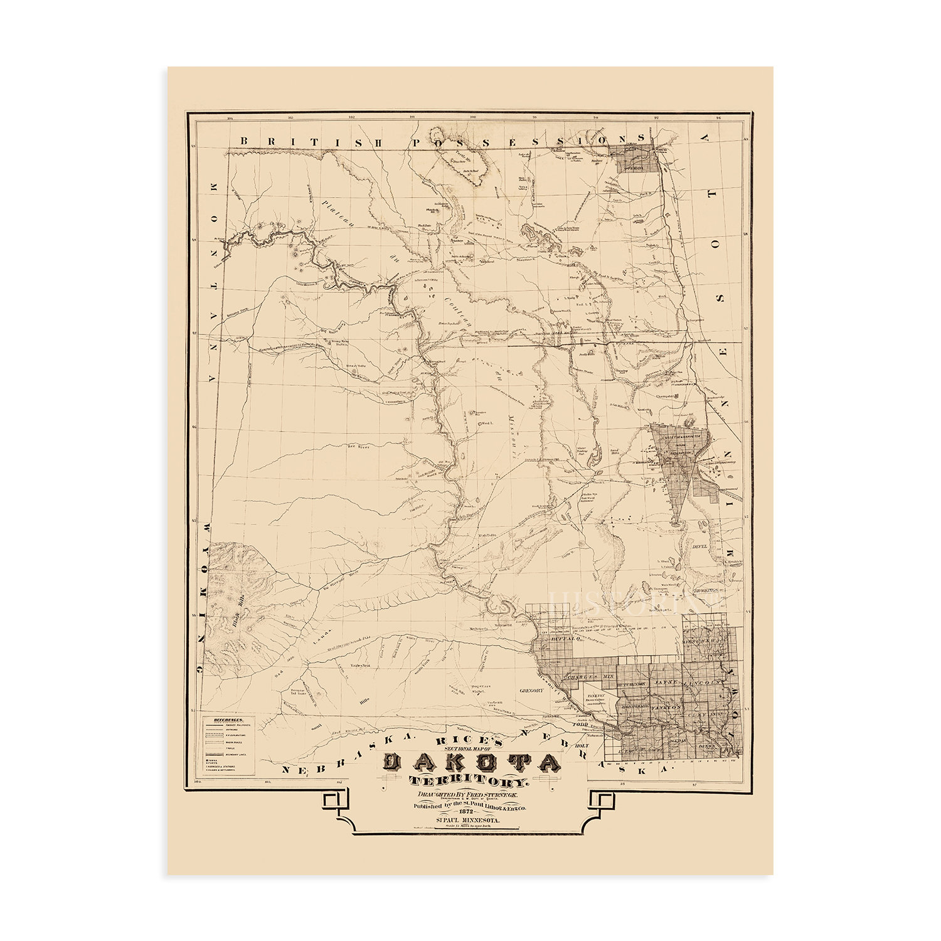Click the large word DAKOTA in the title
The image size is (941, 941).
[x=470, y=763]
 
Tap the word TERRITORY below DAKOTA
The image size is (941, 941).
[x=470, y=782]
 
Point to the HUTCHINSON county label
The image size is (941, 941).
[x=632, y=683]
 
